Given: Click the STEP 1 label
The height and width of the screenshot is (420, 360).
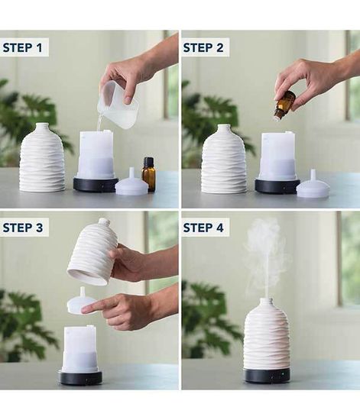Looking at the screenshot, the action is (22, 47).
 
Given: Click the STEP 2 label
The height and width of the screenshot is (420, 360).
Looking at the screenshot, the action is (203, 47).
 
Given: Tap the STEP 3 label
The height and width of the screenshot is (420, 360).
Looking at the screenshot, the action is (22, 228).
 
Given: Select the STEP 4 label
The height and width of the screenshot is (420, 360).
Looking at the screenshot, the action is (203, 228).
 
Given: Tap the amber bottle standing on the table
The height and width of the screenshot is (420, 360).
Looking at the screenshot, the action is (148, 174).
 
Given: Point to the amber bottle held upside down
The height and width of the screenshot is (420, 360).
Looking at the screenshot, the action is (284, 105).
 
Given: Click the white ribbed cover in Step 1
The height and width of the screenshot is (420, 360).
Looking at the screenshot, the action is (42, 158).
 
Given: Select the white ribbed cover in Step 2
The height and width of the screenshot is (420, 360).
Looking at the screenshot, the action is (224, 159).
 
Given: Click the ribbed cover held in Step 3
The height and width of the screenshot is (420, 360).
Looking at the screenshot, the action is (91, 252).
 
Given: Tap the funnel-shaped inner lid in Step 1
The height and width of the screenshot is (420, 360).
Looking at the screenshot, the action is (131, 183).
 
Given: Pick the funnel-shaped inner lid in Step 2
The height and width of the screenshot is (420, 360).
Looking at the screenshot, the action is (313, 185).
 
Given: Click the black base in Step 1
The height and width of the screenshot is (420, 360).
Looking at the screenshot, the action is (96, 185).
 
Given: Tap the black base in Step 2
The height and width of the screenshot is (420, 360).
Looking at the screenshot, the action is (277, 186).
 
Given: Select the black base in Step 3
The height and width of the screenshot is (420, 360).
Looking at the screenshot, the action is (80, 378).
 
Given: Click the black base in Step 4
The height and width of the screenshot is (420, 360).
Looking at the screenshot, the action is (267, 376).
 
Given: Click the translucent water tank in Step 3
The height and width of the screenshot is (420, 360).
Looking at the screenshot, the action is (80, 348).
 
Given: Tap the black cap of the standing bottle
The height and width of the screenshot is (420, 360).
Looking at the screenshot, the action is (149, 162).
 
